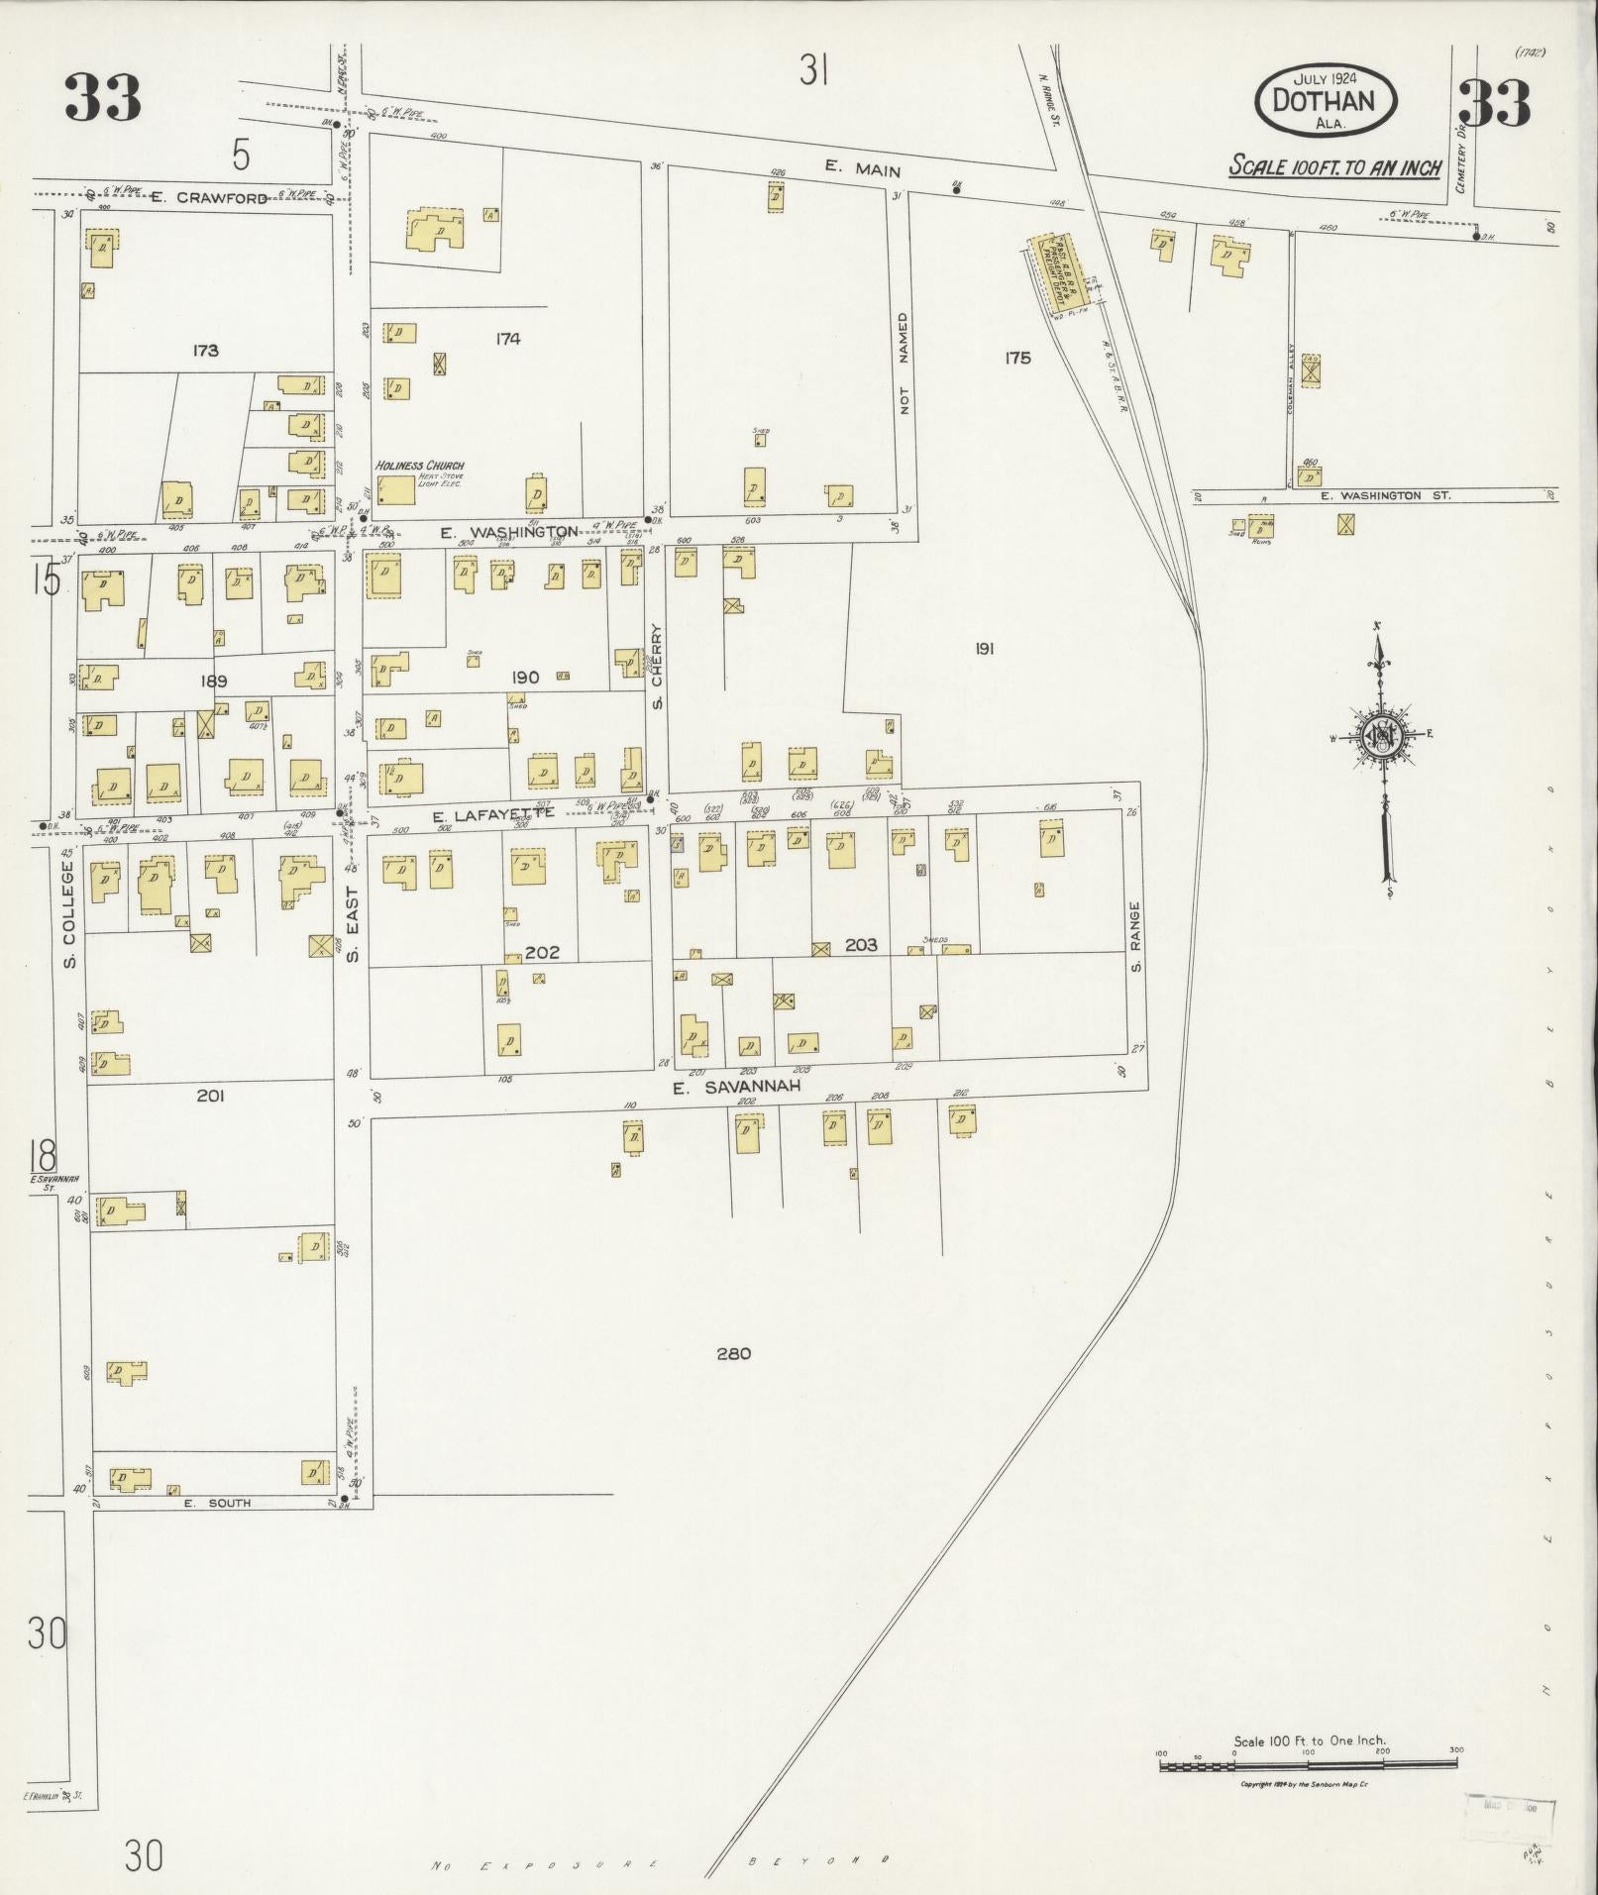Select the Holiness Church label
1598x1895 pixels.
[419, 466]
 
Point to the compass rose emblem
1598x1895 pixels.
[1378, 735]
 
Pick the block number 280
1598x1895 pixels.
[734, 1353]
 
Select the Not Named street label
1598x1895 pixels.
[903, 364]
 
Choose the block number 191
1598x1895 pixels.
[984, 649]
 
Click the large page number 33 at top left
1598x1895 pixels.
[103, 99]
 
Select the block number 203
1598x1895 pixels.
[861, 945]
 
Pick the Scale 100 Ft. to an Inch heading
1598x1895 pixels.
[1334, 166]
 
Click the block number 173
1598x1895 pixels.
[206, 350]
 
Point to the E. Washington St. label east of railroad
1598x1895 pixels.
[1384, 495]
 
